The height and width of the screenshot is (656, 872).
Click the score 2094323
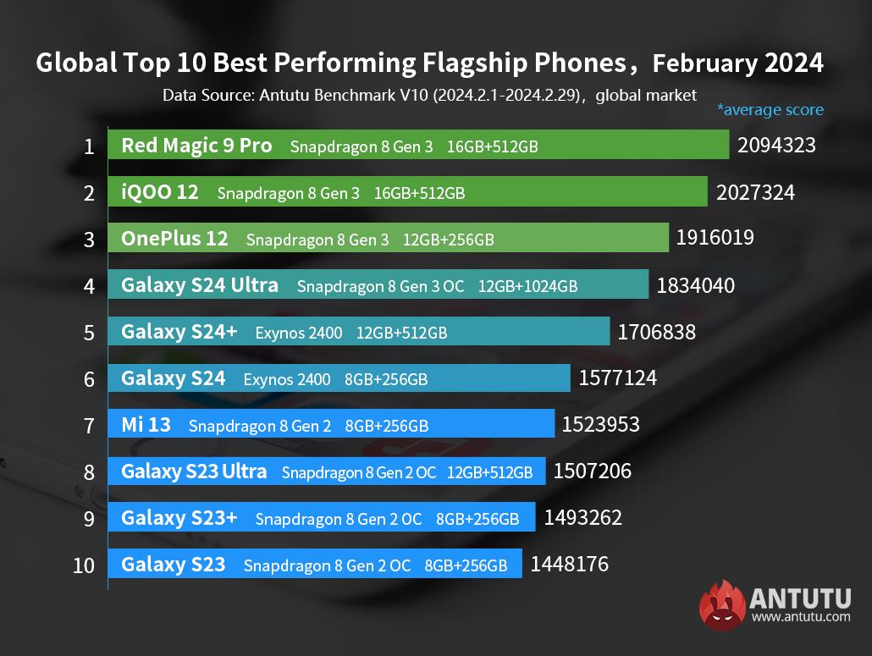(776, 146)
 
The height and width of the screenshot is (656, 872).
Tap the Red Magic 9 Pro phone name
(196, 146)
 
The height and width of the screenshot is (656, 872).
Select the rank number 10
(84, 565)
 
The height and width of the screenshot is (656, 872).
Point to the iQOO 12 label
(160, 192)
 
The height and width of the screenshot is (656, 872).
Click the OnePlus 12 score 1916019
(715, 239)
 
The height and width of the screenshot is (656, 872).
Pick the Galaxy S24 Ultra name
(200, 285)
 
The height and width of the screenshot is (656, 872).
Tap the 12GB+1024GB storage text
(527, 286)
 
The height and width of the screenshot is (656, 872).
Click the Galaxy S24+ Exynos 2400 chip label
(299, 333)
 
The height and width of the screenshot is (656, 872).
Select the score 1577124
(617, 378)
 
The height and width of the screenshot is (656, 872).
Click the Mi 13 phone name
(146, 425)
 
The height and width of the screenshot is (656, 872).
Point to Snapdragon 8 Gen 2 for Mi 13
(260, 426)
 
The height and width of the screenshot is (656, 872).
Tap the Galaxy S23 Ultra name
(194, 471)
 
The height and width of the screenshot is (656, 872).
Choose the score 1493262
(582, 517)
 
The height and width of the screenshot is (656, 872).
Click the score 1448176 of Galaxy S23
(569, 564)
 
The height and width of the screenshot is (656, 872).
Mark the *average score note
(770, 109)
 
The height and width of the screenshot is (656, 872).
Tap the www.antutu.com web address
(801, 617)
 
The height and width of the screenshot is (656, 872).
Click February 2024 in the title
(738, 63)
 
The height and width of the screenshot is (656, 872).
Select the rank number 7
(89, 425)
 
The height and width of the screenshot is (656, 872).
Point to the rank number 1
(89, 146)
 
